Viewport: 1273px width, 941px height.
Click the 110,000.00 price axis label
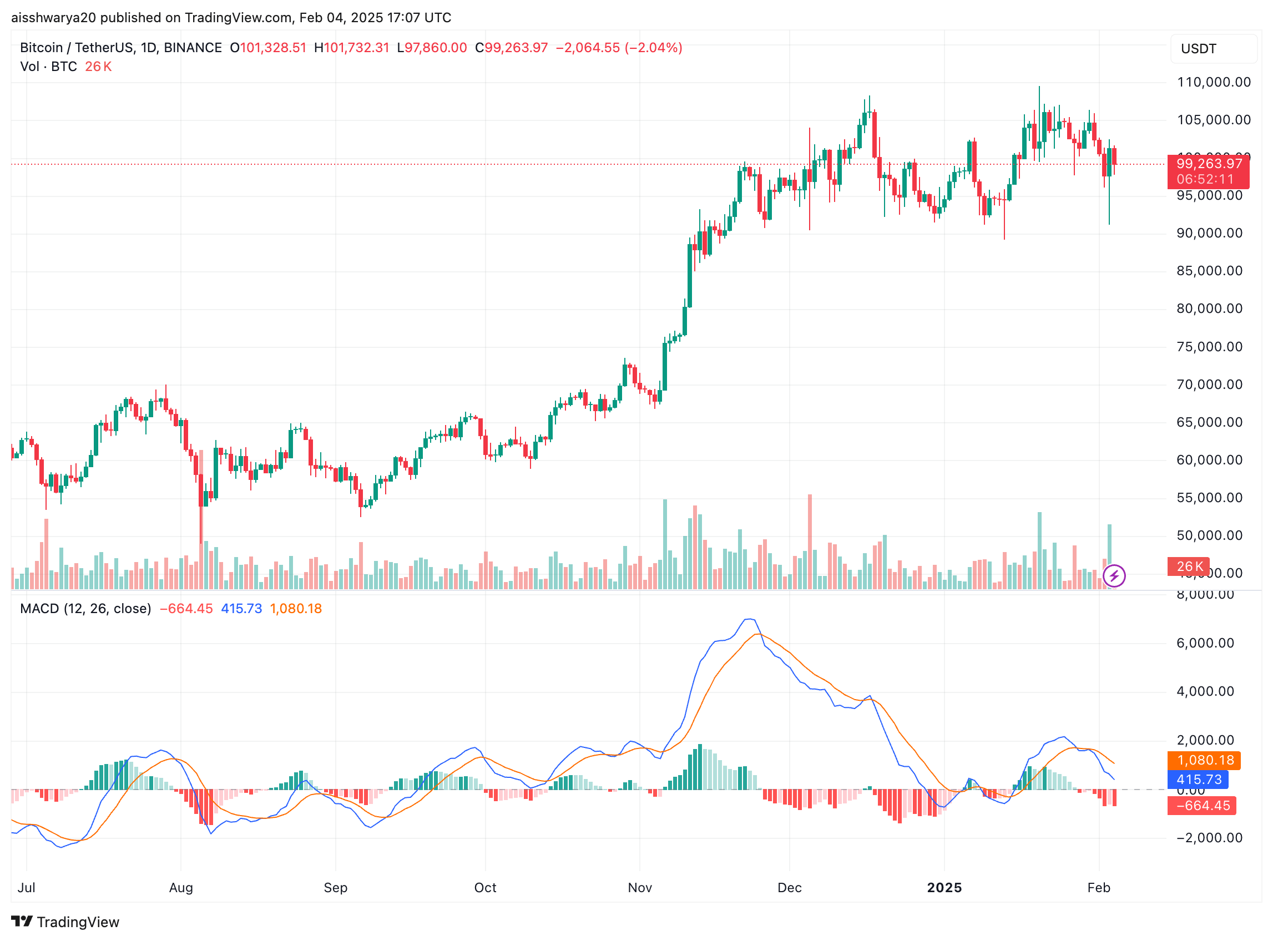(1213, 82)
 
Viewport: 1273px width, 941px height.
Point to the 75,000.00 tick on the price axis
(1209, 347)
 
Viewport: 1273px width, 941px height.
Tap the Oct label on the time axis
(485, 887)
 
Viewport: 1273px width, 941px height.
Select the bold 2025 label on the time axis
(944, 887)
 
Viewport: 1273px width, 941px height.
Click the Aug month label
(181, 887)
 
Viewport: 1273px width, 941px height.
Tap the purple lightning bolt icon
(1114, 576)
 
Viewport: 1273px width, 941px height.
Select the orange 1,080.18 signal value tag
(1205, 760)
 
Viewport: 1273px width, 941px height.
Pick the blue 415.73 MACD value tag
(1199, 779)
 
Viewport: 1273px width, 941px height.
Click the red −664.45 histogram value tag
(1203, 806)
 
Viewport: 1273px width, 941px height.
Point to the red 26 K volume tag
(1189, 566)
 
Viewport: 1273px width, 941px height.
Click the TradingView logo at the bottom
(65, 922)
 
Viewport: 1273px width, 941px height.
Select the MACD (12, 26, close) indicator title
(85, 608)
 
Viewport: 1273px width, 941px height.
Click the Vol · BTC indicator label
(48, 67)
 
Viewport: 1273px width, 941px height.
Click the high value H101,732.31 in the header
(351, 48)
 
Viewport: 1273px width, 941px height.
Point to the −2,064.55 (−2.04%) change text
(619, 48)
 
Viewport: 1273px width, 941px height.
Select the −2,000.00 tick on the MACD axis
(1209, 837)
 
